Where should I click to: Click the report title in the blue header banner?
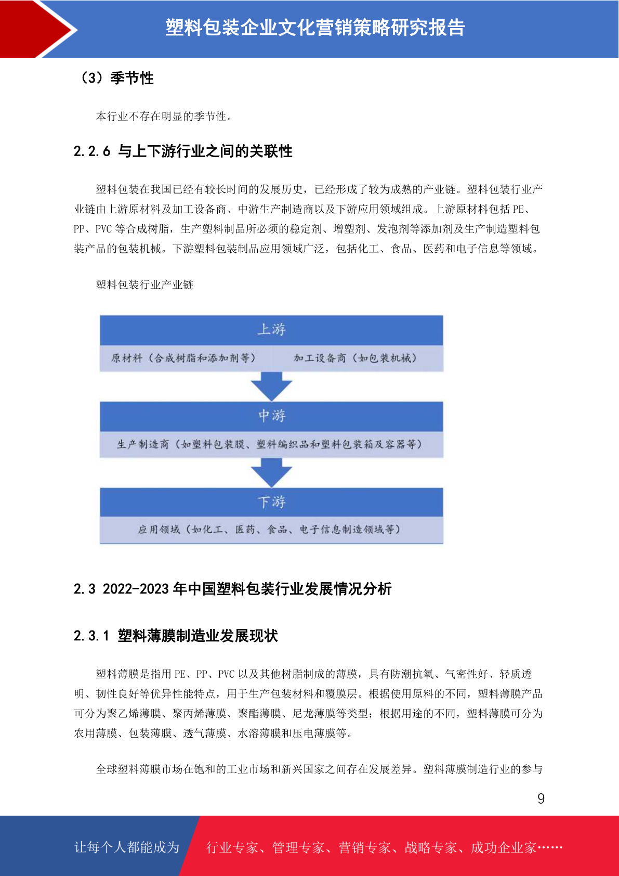[315, 28]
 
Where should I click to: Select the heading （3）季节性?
[117, 78]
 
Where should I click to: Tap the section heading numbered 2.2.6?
[183, 151]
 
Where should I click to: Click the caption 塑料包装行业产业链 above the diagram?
[144, 285]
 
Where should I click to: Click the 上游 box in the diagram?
[272, 330]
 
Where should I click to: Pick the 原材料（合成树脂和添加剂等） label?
[183, 358]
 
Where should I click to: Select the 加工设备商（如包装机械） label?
[355, 358]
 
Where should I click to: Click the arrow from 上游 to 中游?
[272, 387]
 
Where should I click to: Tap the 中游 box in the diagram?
[272, 416]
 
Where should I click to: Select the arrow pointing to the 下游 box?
[272, 472]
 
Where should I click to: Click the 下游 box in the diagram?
[272, 502]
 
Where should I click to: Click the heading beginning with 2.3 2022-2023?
[232, 588]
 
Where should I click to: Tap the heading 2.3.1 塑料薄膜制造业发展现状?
[176, 636]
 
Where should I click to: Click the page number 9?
[541, 798]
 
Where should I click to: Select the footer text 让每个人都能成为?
[127, 847]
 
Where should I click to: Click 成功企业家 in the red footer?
[503, 847]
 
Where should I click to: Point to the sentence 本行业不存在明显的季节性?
[164, 117]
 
